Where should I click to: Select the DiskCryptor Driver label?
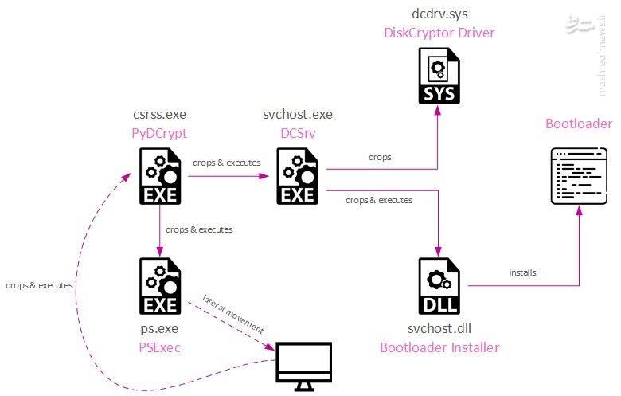[x=439, y=33]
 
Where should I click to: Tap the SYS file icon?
[x=439, y=76]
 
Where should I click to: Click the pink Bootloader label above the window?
[x=579, y=124]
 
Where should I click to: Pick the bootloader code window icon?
[x=579, y=174]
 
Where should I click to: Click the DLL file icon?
[x=439, y=286]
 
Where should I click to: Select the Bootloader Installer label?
[x=439, y=347]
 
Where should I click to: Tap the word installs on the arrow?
[x=522, y=272]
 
